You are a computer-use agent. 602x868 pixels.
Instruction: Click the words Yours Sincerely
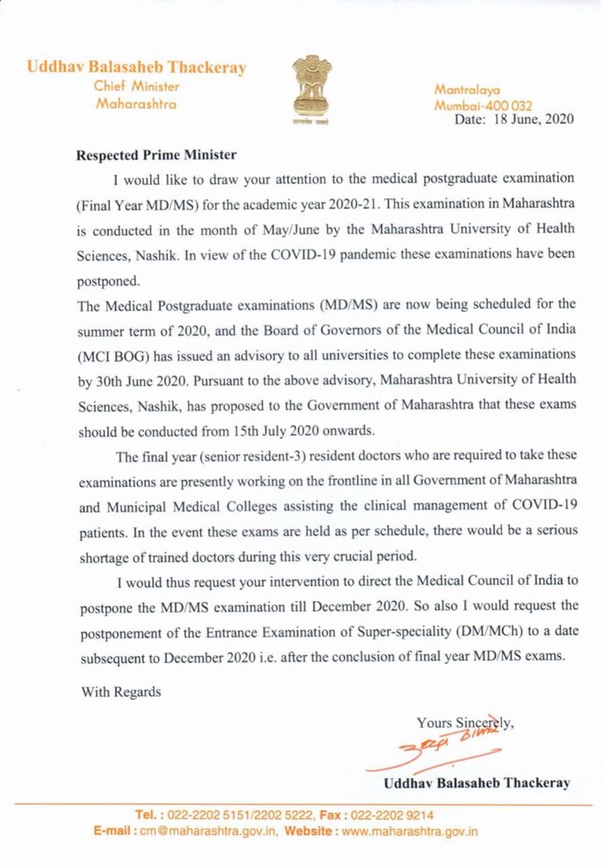point(465,723)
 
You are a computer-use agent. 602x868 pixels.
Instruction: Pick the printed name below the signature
point(477,782)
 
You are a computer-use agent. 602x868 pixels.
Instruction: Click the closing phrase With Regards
point(120,692)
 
